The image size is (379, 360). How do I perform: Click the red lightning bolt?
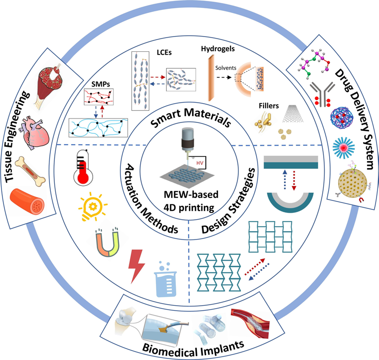click(x=137, y=265)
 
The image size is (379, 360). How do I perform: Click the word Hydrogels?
click(x=218, y=49)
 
